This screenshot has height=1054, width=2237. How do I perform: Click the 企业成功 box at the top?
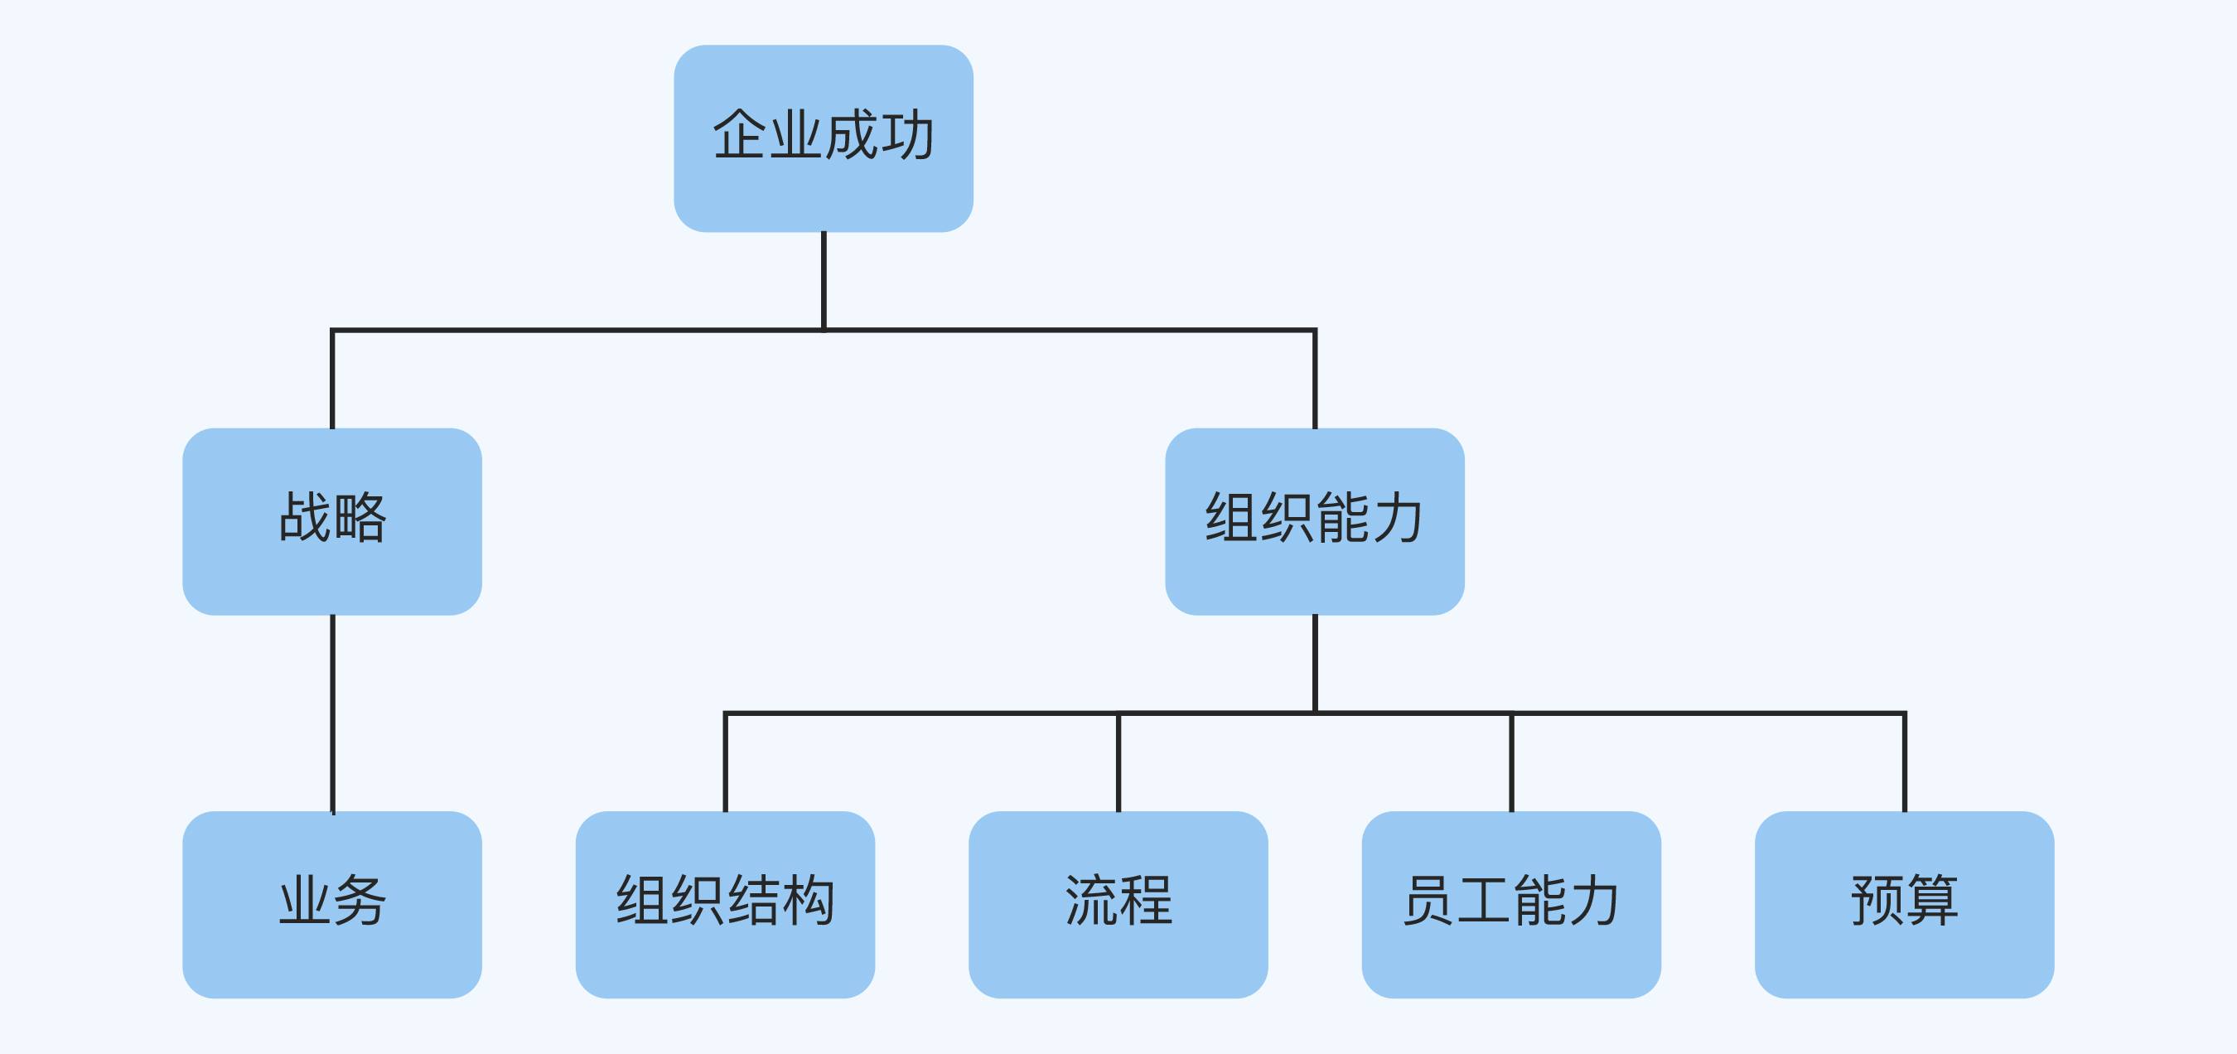click(824, 139)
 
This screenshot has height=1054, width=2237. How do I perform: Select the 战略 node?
click(331, 521)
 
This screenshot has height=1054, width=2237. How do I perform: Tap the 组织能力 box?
click(1315, 521)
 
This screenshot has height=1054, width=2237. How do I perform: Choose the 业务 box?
click(331, 905)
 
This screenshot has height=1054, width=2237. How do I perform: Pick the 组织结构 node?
click(725, 905)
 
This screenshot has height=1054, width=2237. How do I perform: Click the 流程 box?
click(1118, 905)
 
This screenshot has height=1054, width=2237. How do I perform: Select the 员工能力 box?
click(1511, 905)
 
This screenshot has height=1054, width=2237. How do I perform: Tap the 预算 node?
click(1905, 905)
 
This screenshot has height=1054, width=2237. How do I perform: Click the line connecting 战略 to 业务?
click(332, 712)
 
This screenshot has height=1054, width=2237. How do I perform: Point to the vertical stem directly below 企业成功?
click(824, 279)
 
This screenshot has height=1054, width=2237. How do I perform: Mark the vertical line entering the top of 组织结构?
click(725, 762)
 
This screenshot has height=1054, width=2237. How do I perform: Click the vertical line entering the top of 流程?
click(1118, 762)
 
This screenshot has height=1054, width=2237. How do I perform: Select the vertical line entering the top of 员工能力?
click(1512, 762)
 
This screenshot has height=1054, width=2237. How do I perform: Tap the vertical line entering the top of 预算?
click(1905, 762)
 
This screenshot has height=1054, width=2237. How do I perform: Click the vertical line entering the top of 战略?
click(332, 379)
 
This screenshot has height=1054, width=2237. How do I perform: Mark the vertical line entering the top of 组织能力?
click(1315, 379)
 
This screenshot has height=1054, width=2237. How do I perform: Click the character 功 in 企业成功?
click(907, 135)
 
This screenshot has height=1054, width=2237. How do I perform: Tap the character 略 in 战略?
click(360, 517)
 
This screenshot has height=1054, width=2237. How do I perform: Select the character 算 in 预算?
click(1933, 901)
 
